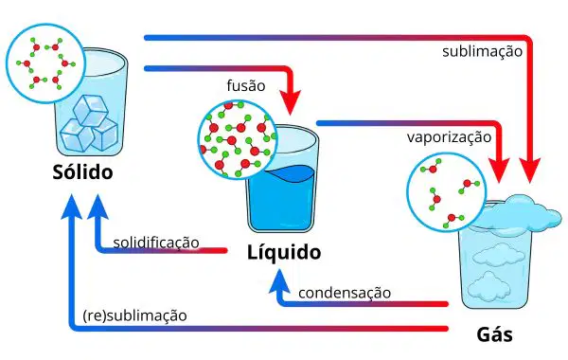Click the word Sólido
(82, 171)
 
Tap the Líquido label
(284, 252)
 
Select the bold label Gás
(494, 334)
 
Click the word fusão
(246, 86)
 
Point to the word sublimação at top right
(482, 51)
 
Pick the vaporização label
(449, 137)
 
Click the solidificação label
(156, 243)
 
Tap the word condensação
(345, 293)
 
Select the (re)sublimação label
(134, 315)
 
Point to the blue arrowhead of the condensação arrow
(279, 281)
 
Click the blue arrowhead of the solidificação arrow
(98, 207)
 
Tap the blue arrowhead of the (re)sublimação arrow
(72, 207)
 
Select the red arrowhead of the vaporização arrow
(499, 171)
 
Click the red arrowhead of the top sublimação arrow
(529, 171)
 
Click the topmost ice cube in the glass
(91, 110)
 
